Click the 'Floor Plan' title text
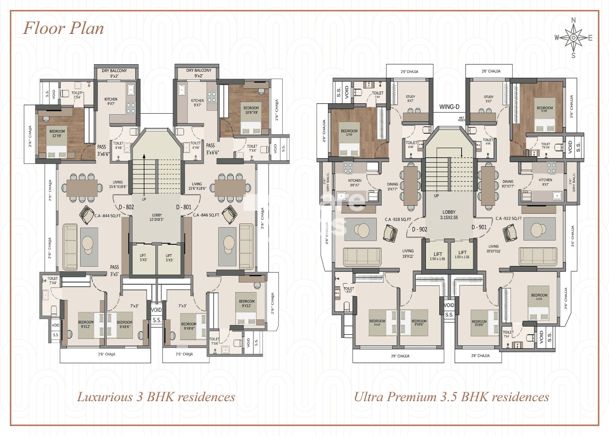63,29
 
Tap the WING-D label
449,107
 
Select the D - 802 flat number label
126,207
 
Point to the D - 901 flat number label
479,227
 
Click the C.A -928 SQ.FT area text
398,219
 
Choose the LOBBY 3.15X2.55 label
449,215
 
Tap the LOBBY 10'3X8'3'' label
157,217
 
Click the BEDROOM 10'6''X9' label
251,110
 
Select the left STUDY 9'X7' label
410,99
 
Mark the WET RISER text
462,119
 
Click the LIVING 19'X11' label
407,254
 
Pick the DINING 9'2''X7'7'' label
508,184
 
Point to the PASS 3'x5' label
115,270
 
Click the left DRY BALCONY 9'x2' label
114,73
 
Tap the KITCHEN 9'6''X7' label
354,182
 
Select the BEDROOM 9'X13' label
377,322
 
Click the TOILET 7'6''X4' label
545,145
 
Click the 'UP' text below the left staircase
144,199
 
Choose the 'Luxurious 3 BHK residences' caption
156,397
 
